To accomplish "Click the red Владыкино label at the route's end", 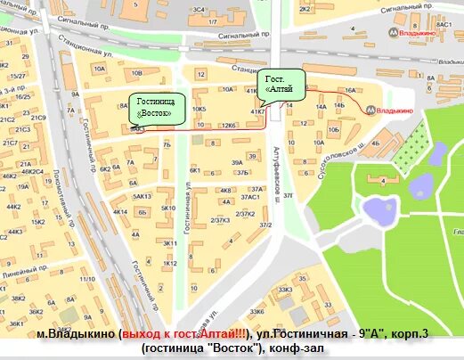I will (x=392, y=110).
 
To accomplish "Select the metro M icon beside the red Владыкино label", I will (x=369, y=110).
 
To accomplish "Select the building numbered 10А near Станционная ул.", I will (x=98, y=68).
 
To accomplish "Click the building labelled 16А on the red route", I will (x=349, y=91).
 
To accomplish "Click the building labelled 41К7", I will (x=257, y=112).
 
